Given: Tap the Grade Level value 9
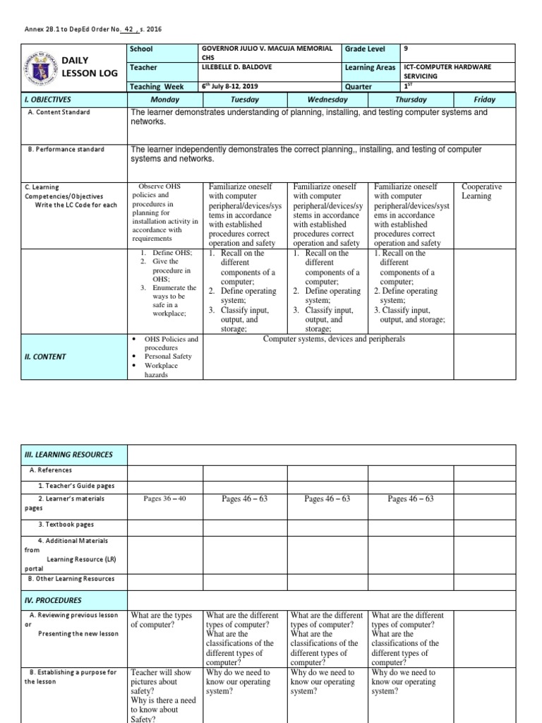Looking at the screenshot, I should (405, 49).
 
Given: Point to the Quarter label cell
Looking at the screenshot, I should (359, 87).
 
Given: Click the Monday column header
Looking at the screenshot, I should (165, 100).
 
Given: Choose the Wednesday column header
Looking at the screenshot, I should (327, 100).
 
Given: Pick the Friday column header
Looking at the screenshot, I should (484, 100).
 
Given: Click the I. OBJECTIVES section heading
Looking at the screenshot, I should (47, 100).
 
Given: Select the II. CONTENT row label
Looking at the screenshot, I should (45, 357).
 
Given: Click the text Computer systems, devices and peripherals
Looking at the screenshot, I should (334, 340).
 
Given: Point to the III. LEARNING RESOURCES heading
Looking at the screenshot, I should (68, 455).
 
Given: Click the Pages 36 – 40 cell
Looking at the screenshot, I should (164, 498).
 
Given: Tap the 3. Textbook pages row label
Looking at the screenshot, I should (66, 525).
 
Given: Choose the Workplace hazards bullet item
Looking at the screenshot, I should (161, 370).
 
